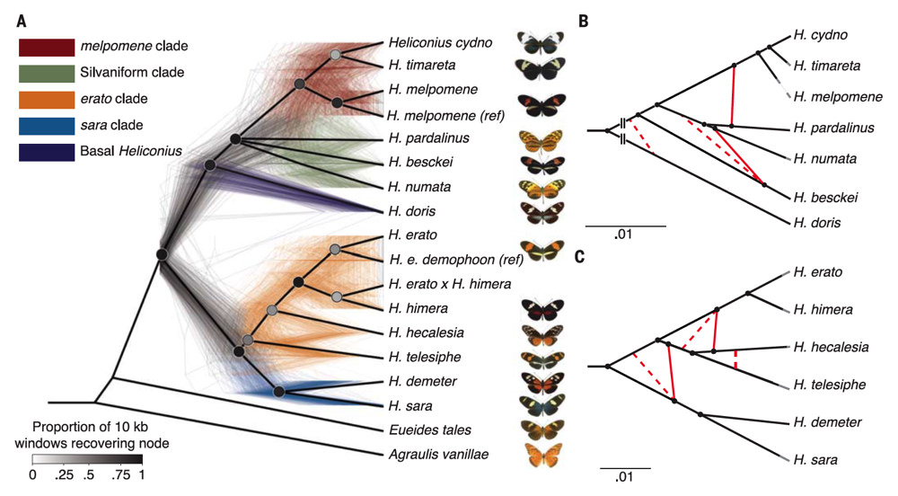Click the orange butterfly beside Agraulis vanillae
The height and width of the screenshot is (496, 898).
tap(545, 456)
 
